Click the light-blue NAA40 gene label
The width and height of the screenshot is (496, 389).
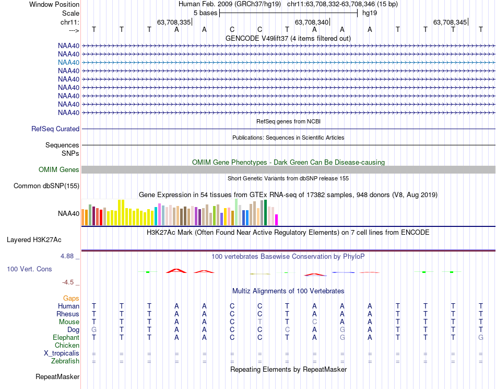point(69,62)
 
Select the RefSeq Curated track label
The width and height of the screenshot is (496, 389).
point(55,129)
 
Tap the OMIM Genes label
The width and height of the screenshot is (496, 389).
point(59,169)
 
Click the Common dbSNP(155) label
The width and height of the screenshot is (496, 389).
point(46,186)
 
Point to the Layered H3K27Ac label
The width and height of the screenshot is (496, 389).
point(34,240)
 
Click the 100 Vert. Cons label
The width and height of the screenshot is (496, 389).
point(29,269)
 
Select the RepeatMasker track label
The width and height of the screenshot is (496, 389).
point(57,376)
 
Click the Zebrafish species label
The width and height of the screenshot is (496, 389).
point(65,361)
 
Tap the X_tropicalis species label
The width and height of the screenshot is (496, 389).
point(62,353)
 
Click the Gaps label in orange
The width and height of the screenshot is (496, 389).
point(71,298)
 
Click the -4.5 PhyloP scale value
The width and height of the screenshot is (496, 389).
point(68,282)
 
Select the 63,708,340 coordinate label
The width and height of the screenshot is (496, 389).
point(312,22)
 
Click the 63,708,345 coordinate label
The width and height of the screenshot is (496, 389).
point(450,22)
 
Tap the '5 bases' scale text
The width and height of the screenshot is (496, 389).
point(206,13)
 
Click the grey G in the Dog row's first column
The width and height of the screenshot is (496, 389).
point(94,329)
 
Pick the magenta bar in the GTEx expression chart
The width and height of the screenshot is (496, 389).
point(276,220)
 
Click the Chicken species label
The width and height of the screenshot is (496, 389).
point(67,345)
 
